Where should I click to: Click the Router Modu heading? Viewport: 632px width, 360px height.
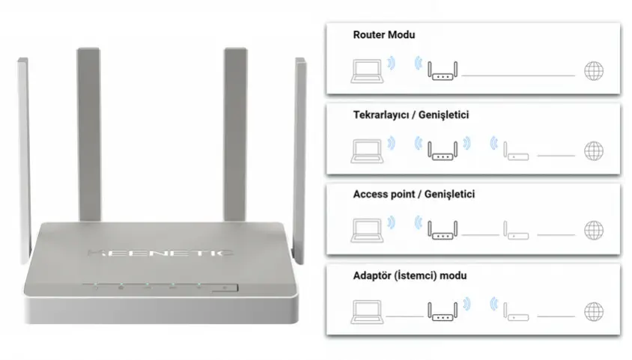(383, 34)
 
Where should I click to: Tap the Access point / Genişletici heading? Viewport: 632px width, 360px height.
(413, 195)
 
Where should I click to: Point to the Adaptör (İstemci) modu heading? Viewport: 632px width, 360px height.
(410, 275)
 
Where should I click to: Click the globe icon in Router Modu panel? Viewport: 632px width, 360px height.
(593, 71)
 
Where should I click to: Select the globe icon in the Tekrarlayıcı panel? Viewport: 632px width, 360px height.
(593, 150)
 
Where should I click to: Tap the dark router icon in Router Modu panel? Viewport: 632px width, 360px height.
(442, 71)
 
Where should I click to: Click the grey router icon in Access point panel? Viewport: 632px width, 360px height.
(516, 231)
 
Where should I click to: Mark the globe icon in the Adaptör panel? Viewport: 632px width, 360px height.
(593, 310)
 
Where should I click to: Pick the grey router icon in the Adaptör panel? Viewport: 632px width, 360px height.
(516, 311)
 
